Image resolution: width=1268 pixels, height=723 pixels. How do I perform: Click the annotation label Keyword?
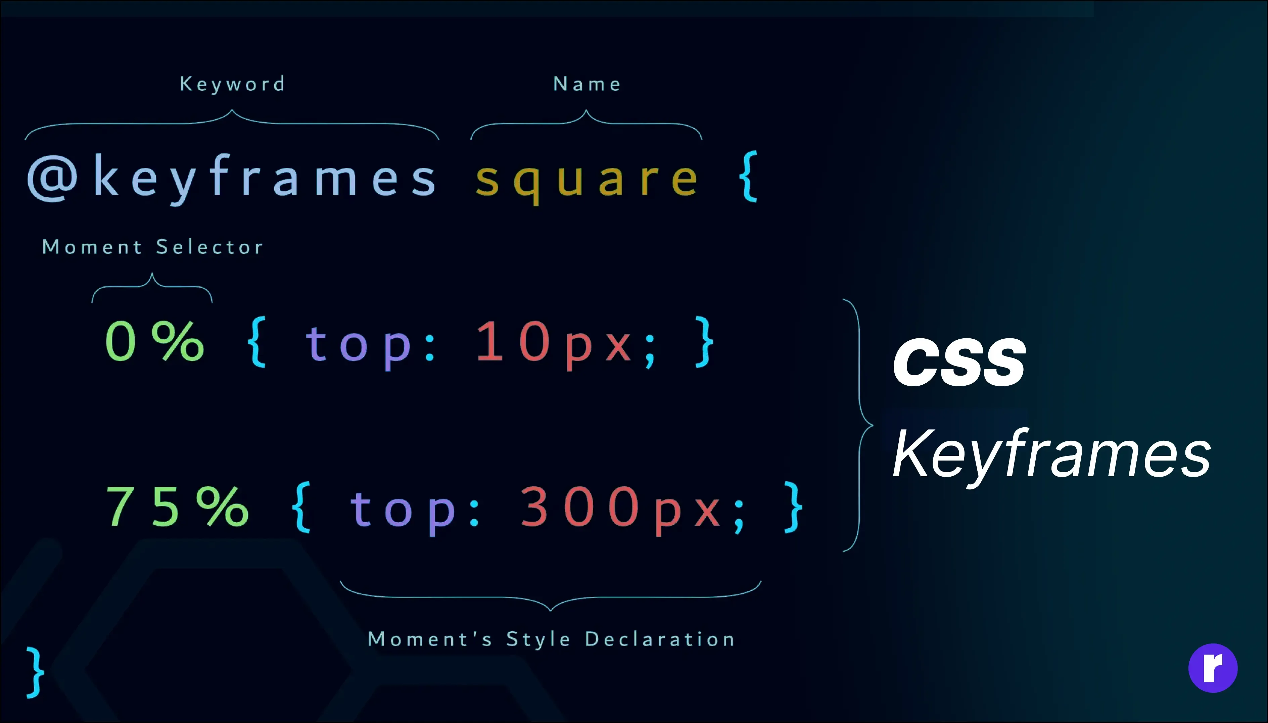[232, 84]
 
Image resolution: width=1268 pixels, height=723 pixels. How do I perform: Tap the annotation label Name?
[587, 84]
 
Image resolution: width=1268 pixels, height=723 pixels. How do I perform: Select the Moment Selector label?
[152, 247]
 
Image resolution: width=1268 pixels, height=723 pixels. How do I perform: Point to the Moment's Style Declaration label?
[551, 639]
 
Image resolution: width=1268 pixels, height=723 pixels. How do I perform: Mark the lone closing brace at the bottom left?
[35, 672]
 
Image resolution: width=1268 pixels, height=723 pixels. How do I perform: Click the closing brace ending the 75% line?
[793, 507]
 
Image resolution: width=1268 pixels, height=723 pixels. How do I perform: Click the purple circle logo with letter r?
[1213, 668]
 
